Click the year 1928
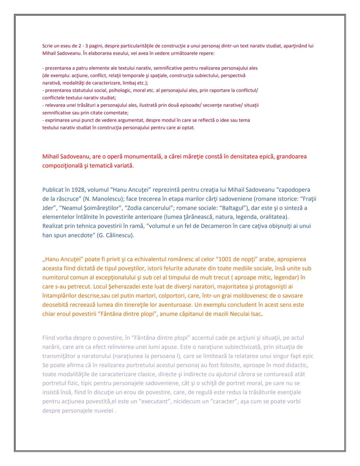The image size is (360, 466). pos(78,190)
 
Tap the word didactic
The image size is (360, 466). pos(297,365)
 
